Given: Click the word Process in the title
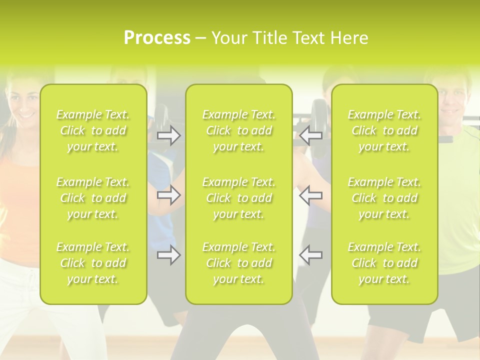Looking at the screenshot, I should coord(157,37).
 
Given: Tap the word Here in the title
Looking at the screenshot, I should coord(349,37).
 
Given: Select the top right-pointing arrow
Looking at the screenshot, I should coord(169,135).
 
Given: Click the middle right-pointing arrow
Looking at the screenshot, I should coord(169,195).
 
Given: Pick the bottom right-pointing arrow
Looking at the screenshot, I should coord(169,255).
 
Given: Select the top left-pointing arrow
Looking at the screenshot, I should coord(310,135).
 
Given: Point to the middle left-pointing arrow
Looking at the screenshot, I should coord(310,195).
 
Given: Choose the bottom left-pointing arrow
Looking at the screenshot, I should coord(310,255).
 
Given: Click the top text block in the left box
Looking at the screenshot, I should coord(93,130).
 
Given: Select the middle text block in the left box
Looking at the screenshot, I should coord(93,198).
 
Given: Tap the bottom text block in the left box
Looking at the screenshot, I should coord(93,263).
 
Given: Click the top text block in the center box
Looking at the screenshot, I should coord(239,130).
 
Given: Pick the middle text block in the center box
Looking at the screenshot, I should coord(239,198).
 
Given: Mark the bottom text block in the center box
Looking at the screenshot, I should coord(239,263).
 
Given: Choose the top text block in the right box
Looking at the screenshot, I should coord(384,130).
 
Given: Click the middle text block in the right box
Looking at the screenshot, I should coord(384,198).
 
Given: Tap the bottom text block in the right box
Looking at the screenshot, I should coord(384,263).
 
